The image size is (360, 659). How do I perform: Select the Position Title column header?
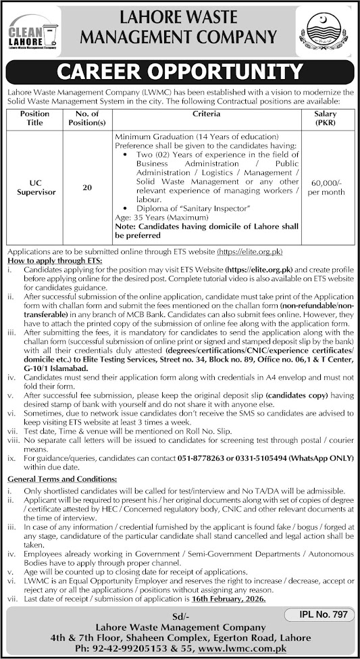tap(35, 118)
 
